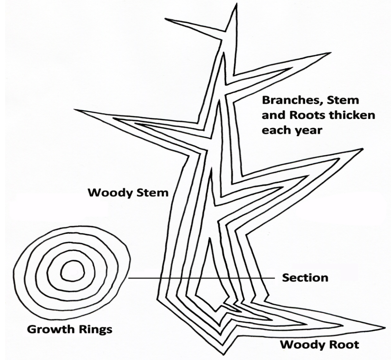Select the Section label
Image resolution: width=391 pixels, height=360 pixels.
pos(305,278)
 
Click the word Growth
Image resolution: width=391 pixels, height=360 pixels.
pos(51,329)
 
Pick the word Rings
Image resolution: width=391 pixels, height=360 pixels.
pos(95,330)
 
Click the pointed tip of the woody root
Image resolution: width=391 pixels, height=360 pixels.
pos(385,327)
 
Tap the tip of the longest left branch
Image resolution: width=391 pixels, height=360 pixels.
pos(74,109)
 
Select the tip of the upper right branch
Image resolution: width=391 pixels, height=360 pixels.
pos(331,52)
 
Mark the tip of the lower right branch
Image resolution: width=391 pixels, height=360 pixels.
pos(362,149)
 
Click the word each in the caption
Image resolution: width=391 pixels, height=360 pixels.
pos(276,130)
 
